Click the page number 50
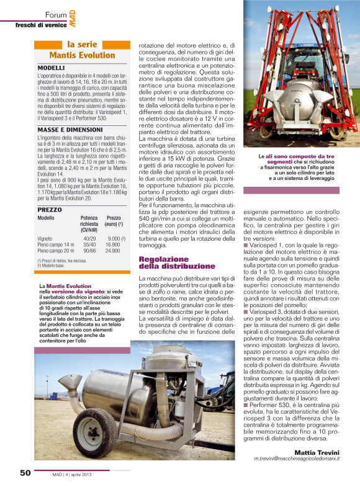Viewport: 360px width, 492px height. tap(25, 473)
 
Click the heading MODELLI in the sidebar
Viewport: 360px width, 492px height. tap(51, 67)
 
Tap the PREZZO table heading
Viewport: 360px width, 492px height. tap(50, 210)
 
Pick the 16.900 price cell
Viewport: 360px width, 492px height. tap(112, 244)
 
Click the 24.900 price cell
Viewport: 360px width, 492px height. tap(112, 251)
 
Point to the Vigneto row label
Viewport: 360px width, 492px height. tap(45, 238)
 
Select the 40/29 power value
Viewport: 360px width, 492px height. tap(89, 238)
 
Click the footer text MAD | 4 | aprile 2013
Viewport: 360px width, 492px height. tap(71, 473)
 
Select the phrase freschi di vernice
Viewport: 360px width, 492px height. tap(40, 24)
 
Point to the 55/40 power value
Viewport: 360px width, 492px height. tap(89, 244)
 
